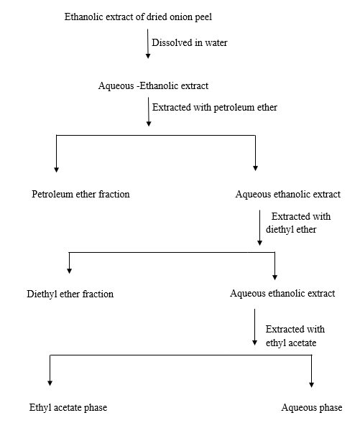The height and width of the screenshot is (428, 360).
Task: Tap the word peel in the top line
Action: pos(203,18)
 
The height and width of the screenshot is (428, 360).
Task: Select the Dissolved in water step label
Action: pos(190,42)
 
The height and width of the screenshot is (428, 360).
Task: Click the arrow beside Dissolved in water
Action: pos(148,44)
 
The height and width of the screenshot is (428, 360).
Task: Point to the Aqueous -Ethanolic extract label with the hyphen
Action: pos(153,85)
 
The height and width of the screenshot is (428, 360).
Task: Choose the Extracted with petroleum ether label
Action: pos(215,107)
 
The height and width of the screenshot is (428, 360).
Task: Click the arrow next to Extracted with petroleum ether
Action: pos(149,111)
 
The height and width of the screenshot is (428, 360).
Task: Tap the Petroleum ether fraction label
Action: pos(80,194)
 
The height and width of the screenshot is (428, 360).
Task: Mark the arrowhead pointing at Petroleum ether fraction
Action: pos(56,169)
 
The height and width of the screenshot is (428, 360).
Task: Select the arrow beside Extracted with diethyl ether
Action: pos(259,228)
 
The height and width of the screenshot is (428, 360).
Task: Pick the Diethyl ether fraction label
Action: pos(70,294)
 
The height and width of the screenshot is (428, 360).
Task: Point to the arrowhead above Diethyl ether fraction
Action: pos(70,271)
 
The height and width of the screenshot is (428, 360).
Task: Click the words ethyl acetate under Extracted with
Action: pos(291,343)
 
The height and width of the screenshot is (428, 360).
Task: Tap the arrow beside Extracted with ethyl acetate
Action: pos(254,327)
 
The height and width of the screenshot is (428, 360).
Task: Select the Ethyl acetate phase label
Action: pos(68,407)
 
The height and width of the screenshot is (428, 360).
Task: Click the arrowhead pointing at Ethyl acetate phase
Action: pos(50,383)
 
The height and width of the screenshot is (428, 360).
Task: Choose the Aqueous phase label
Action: pos(312,407)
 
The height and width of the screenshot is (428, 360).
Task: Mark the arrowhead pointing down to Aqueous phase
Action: pos(311,384)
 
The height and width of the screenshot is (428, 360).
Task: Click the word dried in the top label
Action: pos(157,17)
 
